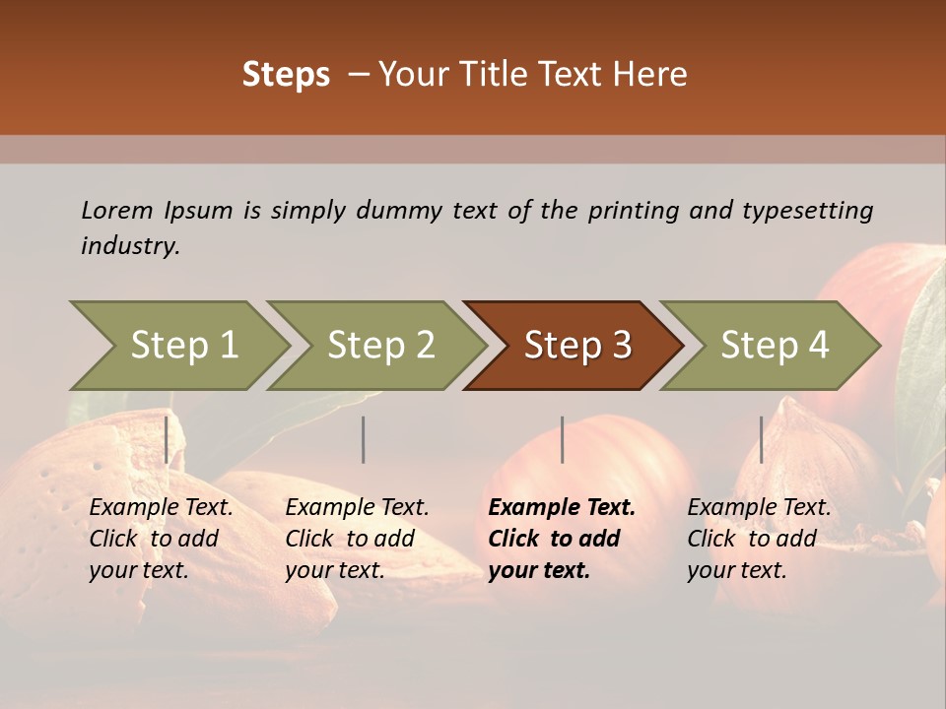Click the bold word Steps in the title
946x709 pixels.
[x=286, y=75]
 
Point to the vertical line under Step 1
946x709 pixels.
[x=167, y=439]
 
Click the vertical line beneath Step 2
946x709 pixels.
[x=364, y=439]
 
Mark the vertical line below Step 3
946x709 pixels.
[x=562, y=439]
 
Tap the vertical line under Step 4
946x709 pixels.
[x=761, y=439]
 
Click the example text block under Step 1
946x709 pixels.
[x=161, y=539]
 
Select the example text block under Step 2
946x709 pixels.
[x=357, y=539]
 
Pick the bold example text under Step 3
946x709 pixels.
[x=562, y=539]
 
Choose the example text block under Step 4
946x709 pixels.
[x=759, y=539]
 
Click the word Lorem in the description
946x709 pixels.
[x=117, y=210]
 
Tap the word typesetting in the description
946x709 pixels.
[x=807, y=210]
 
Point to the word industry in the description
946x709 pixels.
[x=129, y=245]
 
